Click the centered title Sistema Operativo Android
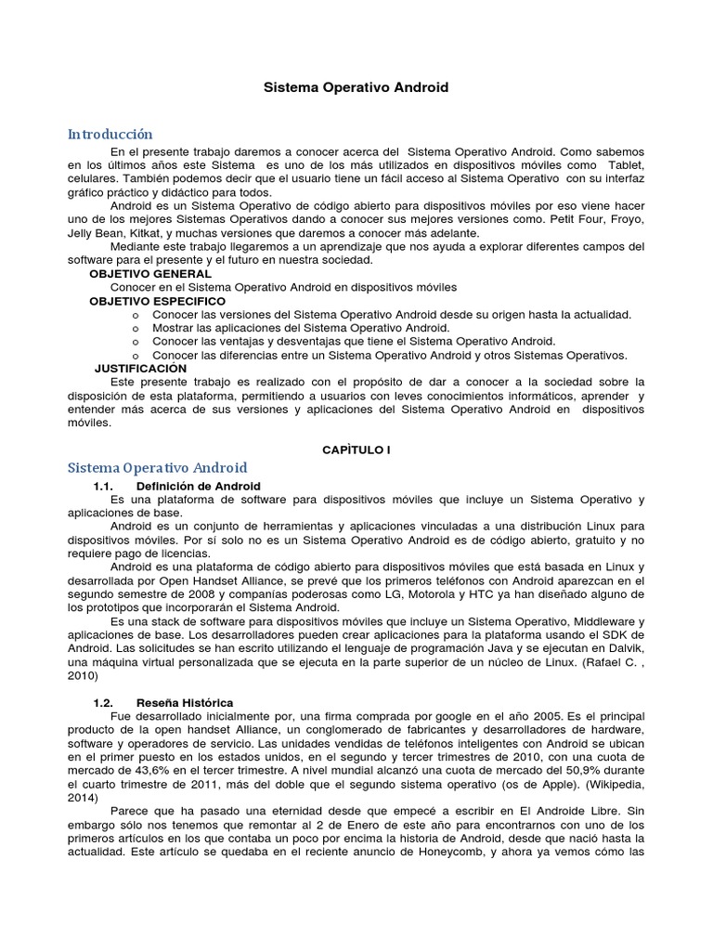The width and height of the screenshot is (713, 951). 356,87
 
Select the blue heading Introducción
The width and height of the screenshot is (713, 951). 110,135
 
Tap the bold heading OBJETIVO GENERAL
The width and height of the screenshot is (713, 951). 150,274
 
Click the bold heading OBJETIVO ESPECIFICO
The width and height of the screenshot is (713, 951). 157,302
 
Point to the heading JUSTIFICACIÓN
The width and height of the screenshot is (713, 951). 140,369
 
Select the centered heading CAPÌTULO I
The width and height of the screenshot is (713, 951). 356,449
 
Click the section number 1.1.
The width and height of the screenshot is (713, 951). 103,486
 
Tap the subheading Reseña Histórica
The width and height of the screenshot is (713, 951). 185,702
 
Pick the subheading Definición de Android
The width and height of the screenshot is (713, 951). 198,486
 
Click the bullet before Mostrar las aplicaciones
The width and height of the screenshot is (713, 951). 136,328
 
